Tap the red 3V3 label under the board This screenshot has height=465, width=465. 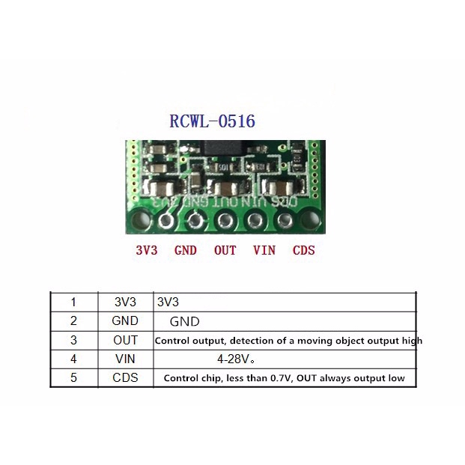[x=147, y=251]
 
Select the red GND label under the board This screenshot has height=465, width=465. [x=186, y=251]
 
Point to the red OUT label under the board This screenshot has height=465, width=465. [x=225, y=251]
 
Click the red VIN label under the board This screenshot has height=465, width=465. [x=264, y=251]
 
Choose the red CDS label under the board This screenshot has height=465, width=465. [x=303, y=251]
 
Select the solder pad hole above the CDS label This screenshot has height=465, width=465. [x=285, y=220]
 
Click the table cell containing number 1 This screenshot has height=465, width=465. [x=73, y=303]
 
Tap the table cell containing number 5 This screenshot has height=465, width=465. [x=73, y=377]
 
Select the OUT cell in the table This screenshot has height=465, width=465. [x=126, y=340]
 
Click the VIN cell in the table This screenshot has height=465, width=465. [x=126, y=359]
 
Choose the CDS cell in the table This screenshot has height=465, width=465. [x=126, y=377]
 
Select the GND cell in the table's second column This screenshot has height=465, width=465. [x=126, y=321]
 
